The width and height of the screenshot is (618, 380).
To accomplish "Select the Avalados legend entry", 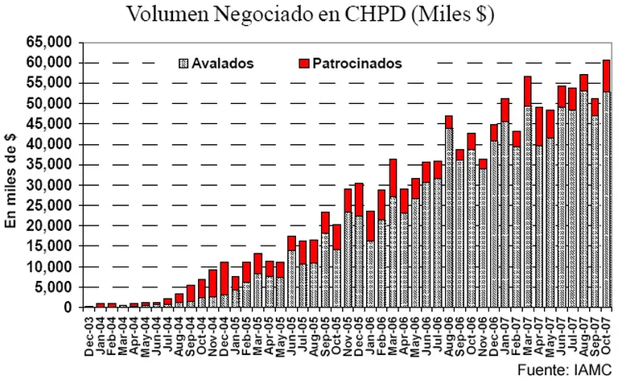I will click(x=216, y=63).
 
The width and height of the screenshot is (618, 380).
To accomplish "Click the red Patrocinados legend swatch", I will click(x=304, y=63).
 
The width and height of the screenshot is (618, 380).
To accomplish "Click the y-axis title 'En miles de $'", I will click(x=13, y=176).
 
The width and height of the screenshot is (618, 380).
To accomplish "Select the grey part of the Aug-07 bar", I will click(x=583, y=201).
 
